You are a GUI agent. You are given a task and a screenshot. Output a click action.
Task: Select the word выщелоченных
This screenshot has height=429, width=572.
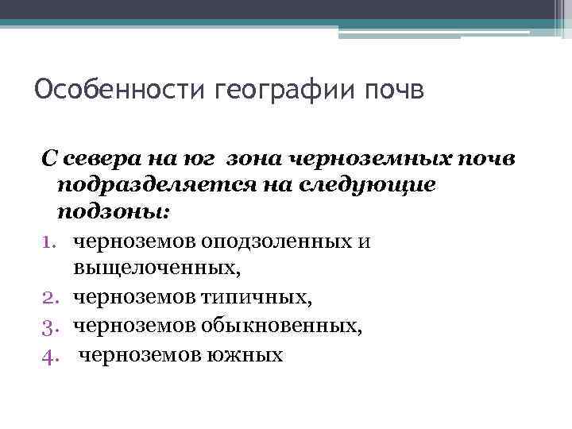(157, 269)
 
